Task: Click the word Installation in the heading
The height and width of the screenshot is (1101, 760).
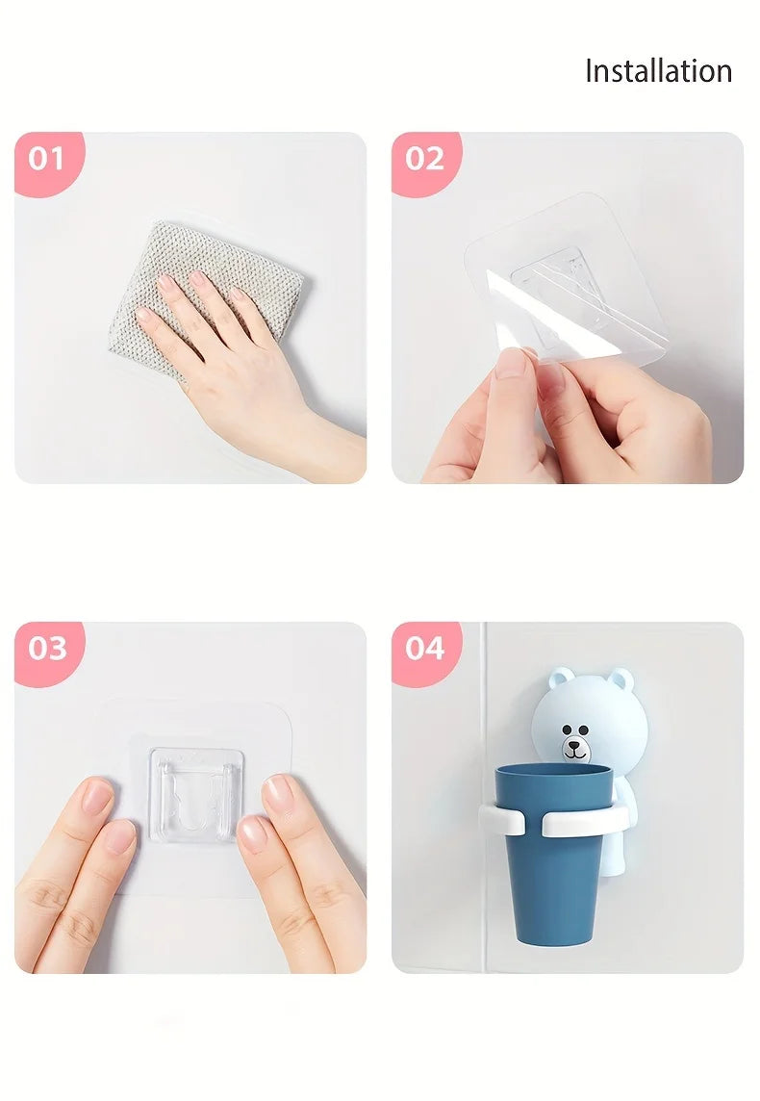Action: tap(658, 71)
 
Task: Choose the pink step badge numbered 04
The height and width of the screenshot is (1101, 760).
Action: tap(425, 651)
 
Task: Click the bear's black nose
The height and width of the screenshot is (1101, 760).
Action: tap(574, 743)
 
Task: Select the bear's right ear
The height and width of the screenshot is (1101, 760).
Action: tap(621, 679)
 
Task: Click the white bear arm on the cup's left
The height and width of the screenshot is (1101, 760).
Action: tap(501, 819)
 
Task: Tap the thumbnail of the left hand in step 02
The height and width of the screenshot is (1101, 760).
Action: tap(510, 364)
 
